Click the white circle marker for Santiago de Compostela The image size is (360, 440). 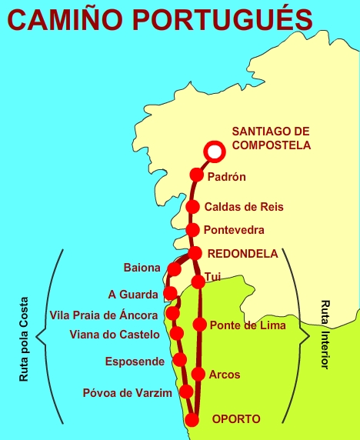click(215, 152)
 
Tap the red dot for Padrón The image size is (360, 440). click(196, 175)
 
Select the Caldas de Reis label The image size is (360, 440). click(244, 207)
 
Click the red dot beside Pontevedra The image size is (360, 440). click(193, 230)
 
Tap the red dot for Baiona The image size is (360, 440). click(175, 269)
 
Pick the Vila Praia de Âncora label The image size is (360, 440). click(104, 315)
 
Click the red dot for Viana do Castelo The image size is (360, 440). click(177, 333)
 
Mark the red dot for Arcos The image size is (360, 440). click(198, 375)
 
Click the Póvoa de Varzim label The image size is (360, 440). click(128, 394)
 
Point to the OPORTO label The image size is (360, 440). click(236, 419)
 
